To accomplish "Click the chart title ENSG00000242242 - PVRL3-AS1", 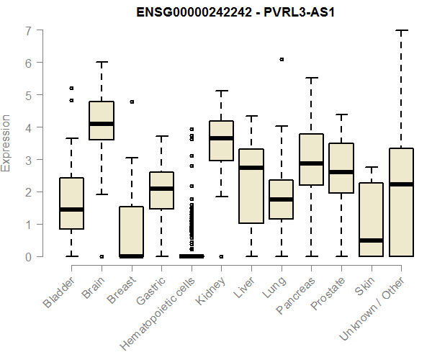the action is [x=235, y=12].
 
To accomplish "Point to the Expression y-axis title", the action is [x=6, y=143].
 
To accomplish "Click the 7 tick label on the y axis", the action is [x=29, y=31].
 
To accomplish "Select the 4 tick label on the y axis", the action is [x=29, y=128].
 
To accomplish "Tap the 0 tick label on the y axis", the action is [x=29, y=257].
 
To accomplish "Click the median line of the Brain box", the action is [x=102, y=124].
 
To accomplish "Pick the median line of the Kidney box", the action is [x=221, y=138].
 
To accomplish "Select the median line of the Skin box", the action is [x=371, y=240].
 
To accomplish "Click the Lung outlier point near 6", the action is [x=282, y=59].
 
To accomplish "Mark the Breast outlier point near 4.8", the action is [x=132, y=102].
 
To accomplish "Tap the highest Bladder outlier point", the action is [x=71, y=88].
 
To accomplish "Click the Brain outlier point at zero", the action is [x=102, y=257].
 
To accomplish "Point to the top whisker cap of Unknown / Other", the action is [x=402, y=30].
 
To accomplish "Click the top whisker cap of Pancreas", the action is [x=311, y=78].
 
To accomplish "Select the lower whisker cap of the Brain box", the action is [x=102, y=194].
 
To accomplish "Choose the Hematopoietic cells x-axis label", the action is [x=158, y=314].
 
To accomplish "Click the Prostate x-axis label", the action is [x=328, y=293].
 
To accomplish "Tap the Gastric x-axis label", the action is [x=150, y=291].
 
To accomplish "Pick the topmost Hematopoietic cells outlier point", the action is [x=192, y=129].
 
